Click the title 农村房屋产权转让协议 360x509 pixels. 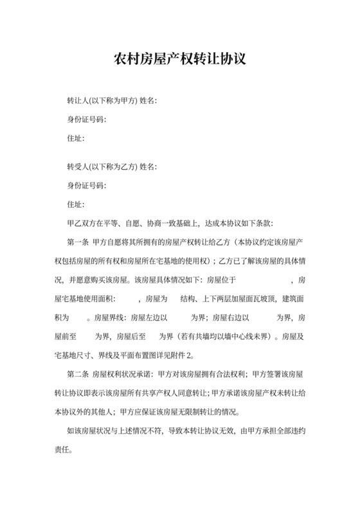point(179,60)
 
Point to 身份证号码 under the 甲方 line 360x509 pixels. point(86,120)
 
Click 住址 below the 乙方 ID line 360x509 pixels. point(75,204)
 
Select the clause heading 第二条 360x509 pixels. point(78,373)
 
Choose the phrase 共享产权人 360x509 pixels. point(157,392)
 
